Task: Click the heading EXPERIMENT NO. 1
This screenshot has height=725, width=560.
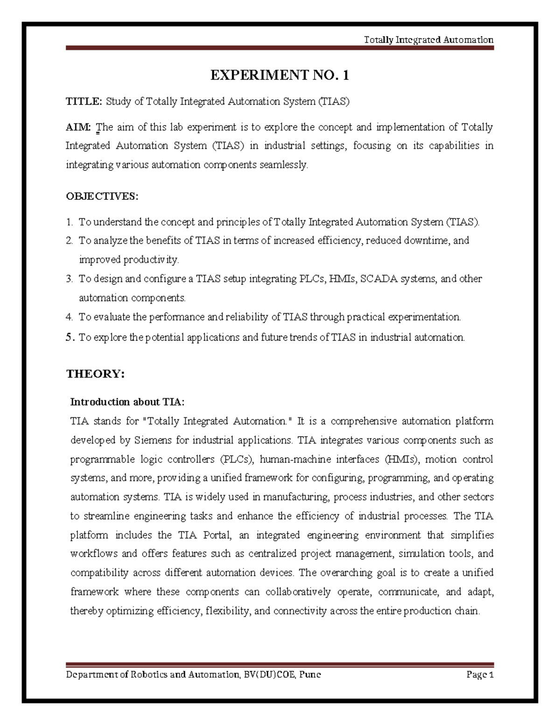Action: pyautogui.click(x=280, y=75)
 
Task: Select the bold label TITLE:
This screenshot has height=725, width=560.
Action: pyautogui.click(x=84, y=101)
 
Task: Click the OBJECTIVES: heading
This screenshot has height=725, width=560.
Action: pyautogui.click(x=102, y=196)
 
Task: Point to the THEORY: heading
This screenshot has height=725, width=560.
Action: pyautogui.click(x=96, y=374)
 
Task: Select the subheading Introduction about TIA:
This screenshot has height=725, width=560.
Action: pyautogui.click(x=127, y=402)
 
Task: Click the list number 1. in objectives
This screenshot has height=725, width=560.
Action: pyautogui.click(x=70, y=222)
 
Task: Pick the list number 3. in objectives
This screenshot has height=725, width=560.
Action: pyautogui.click(x=70, y=279)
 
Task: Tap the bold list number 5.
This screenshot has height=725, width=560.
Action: pyautogui.click(x=70, y=337)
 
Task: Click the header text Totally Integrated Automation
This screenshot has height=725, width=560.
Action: pyautogui.click(x=428, y=40)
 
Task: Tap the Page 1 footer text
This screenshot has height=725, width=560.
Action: pyautogui.click(x=480, y=675)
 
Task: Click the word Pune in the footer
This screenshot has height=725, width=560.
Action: pyautogui.click(x=310, y=675)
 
